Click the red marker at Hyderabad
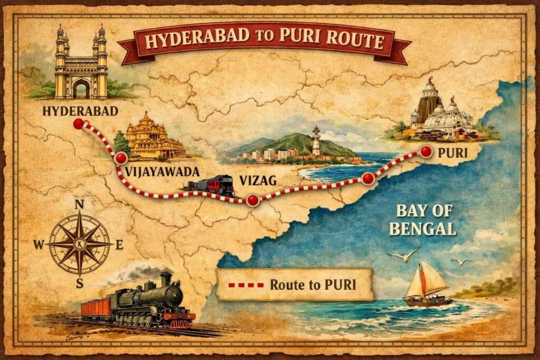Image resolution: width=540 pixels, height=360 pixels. click(79, 124)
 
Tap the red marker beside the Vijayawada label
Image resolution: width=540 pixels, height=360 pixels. click(121, 158)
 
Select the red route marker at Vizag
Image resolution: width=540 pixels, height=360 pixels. click(253, 200)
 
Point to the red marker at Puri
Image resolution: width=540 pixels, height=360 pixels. click(426, 152)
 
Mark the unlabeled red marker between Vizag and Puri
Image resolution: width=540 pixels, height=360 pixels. click(368, 179)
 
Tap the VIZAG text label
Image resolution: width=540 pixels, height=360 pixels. click(258, 181)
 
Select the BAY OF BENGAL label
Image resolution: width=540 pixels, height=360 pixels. click(425, 220)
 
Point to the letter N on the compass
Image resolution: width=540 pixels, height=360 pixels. click(80, 205)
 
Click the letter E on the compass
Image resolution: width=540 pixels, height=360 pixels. click(119, 244)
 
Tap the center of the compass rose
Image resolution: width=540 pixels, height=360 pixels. click(80, 245)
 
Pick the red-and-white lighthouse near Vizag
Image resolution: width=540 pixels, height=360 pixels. click(316, 141)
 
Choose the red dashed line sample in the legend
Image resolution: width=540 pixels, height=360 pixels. click(245, 285)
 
